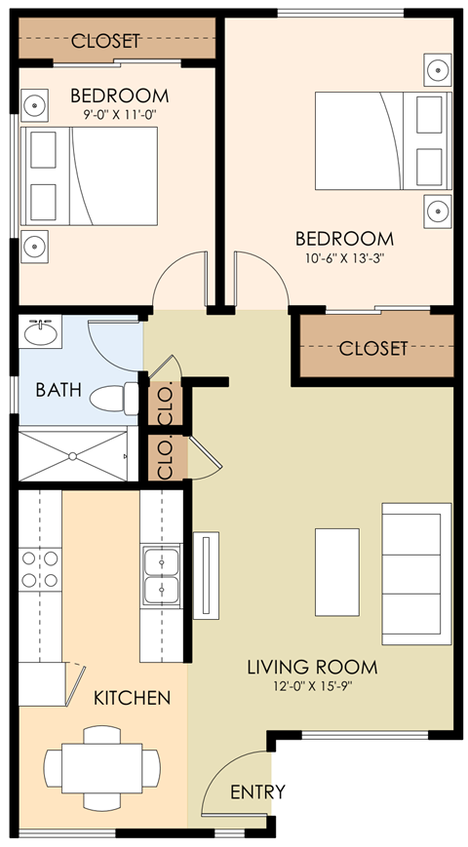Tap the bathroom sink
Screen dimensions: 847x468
pos(40,334)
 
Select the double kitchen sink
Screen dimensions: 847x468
pos(161,576)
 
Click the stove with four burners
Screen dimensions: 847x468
pos(39,569)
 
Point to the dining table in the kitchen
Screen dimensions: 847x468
pos(102,766)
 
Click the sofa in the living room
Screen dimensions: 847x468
pos(416,574)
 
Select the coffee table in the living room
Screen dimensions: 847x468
pos(337,571)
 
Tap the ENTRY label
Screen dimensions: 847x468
pos(257,791)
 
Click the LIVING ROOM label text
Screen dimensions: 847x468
pos(311,668)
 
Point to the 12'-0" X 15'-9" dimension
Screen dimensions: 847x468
pos(311,687)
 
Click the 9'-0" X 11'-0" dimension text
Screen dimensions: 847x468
pos(119,114)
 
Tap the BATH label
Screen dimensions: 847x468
pos(58,390)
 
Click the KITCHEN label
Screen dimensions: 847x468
pos(132,698)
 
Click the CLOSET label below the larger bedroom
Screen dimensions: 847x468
pos(372,348)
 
